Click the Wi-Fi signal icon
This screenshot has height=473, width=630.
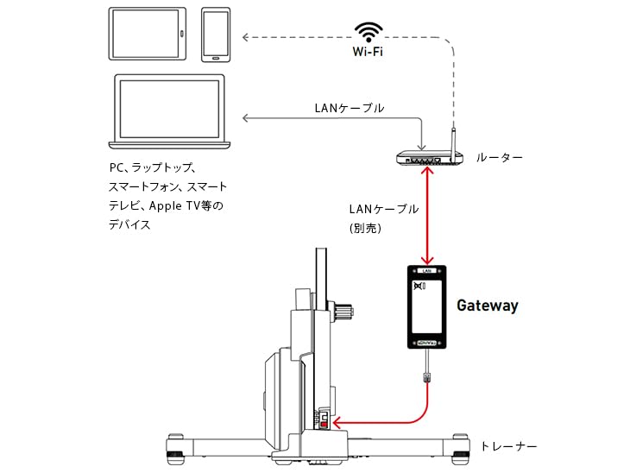click(369, 32)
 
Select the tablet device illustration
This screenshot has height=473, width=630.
click(148, 34)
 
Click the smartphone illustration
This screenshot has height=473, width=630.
click(217, 35)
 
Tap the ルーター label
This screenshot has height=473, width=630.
click(499, 158)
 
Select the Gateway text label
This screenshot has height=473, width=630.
click(487, 306)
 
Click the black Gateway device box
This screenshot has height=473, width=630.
click(426, 307)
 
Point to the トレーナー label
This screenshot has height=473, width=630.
click(509, 446)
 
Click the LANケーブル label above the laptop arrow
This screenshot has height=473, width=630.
click(350, 109)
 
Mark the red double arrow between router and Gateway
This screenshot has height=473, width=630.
click(427, 216)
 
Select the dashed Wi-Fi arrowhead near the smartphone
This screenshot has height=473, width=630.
click(246, 37)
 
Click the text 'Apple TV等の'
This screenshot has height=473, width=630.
click(186, 205)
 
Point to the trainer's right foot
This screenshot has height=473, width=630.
click(457, 448)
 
